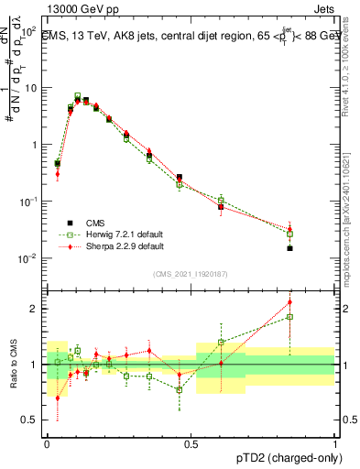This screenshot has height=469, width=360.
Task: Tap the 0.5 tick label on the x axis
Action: click(191, 443)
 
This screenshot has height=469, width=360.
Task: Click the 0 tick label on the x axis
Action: click(47, 443)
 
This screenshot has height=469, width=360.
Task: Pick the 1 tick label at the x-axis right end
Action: click(334, 443)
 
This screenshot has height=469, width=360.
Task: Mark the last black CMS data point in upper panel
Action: click(289, 248)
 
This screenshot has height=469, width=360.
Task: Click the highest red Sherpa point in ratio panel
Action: click(289, 301)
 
